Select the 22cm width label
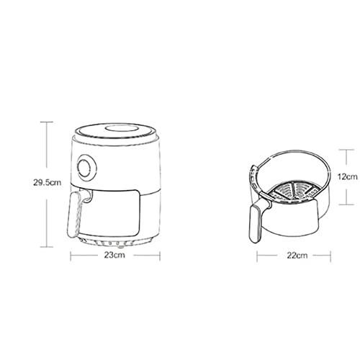(297, 255)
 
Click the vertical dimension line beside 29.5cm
(48, 151)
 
